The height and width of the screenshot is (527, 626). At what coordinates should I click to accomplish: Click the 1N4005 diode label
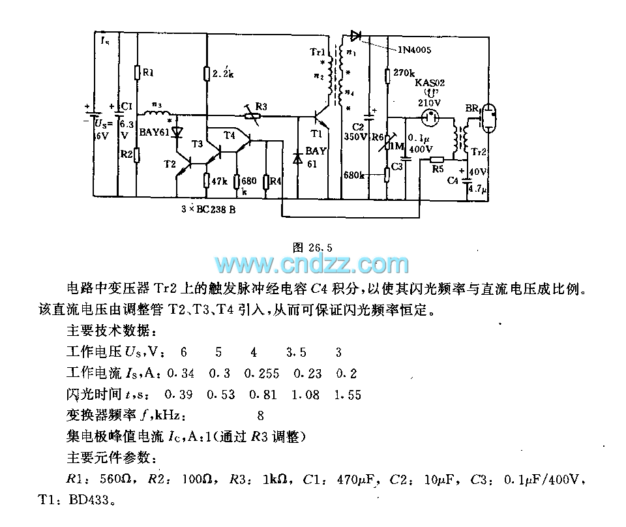[413, 49]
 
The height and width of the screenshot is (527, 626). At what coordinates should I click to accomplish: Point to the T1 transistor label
[316, 135]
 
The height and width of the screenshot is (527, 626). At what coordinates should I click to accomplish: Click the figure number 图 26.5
[313, 247]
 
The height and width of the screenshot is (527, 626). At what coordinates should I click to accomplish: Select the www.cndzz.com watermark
[312, 265]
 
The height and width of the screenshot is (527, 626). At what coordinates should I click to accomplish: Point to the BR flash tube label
[471, 108]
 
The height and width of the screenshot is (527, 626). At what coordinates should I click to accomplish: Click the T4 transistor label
[229, 135]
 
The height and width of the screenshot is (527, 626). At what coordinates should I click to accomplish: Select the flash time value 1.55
[347, 395]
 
